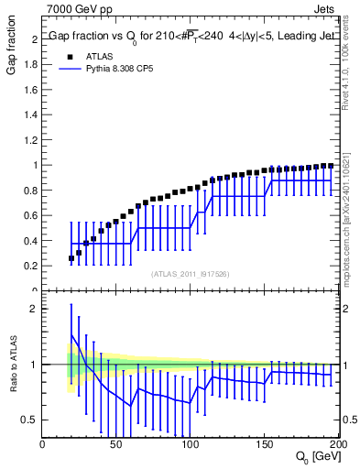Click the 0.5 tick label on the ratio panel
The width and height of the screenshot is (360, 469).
pyautogui.click(x=31, y=420)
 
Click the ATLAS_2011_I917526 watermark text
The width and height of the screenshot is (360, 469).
pyautogui.click(x=190, y=273)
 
